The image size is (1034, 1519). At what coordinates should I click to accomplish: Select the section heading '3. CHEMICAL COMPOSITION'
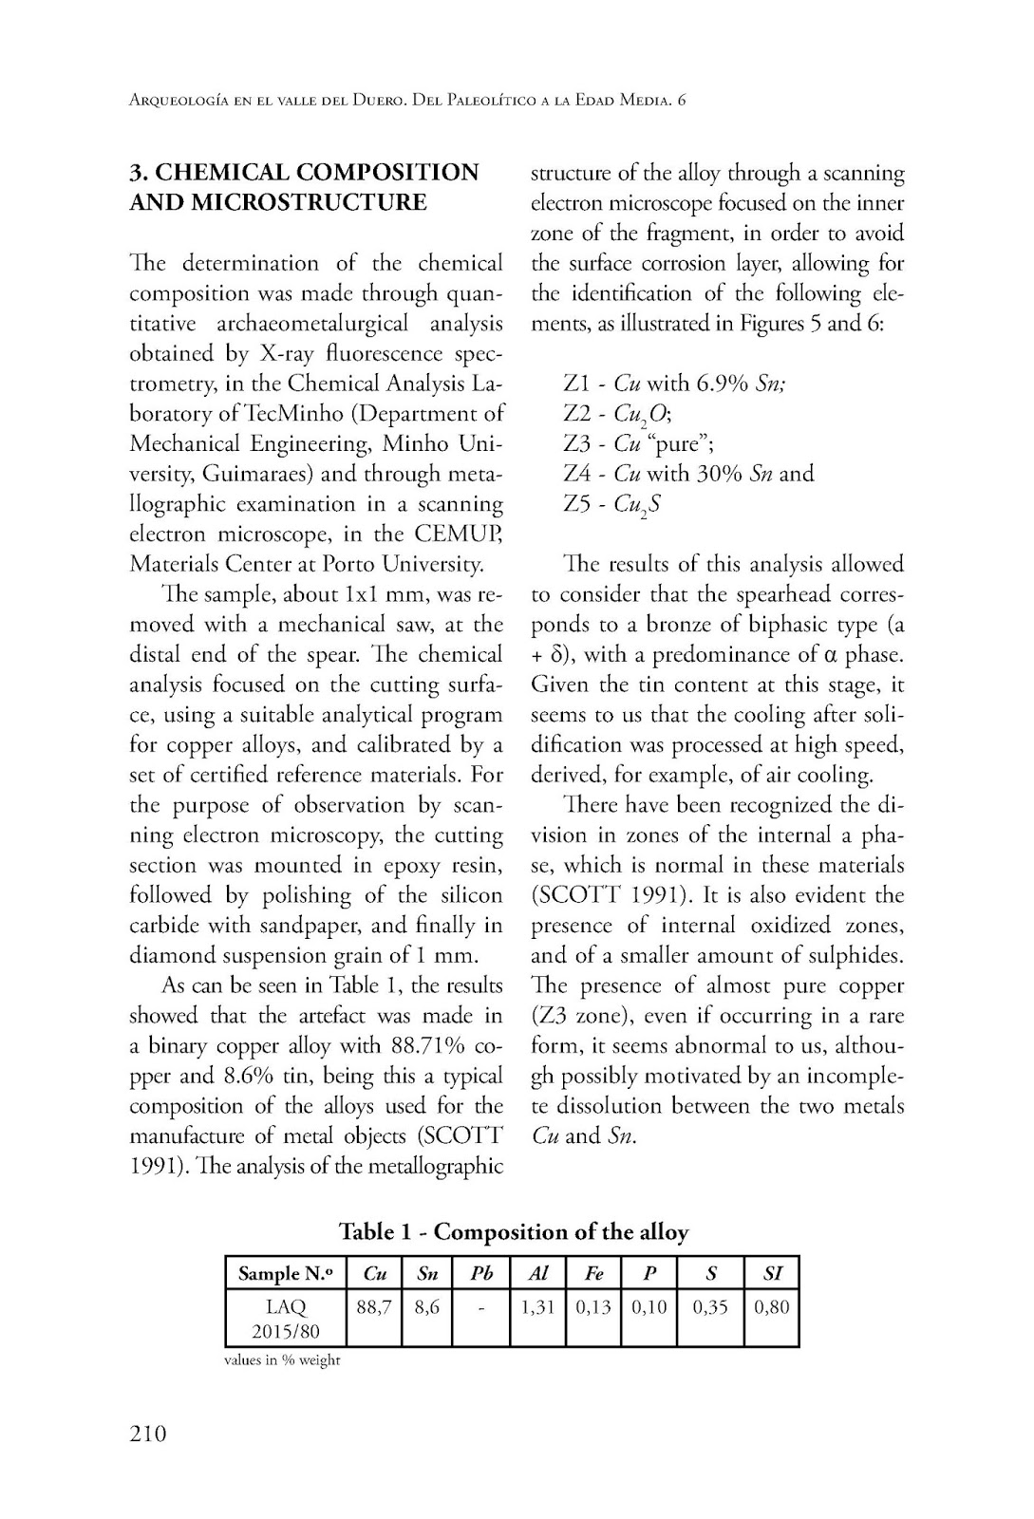click(x=304, y=172)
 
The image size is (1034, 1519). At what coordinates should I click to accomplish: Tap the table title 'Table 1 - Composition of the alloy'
click(x=514, y=1231)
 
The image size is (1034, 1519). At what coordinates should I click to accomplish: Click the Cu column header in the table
click(x=374, y=1273)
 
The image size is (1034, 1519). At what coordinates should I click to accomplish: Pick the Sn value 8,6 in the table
click(x=426, y=1307)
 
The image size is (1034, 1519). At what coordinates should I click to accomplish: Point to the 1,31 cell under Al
click(x=537, y=1307)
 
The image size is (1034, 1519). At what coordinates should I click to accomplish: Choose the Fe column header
click(x=593, y=1273)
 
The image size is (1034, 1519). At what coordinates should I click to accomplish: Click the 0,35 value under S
click(x=710, y=1307)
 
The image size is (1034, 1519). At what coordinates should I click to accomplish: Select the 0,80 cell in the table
click(x=771, y=1307)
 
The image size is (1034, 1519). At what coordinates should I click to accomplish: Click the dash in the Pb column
click(x=481, y=1307)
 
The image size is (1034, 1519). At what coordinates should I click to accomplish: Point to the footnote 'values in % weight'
click(x=281, y=1360)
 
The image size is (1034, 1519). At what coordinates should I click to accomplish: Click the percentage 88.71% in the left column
click(x=426, y=1045)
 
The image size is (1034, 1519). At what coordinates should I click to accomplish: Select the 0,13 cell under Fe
click(x=593, y=1307)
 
